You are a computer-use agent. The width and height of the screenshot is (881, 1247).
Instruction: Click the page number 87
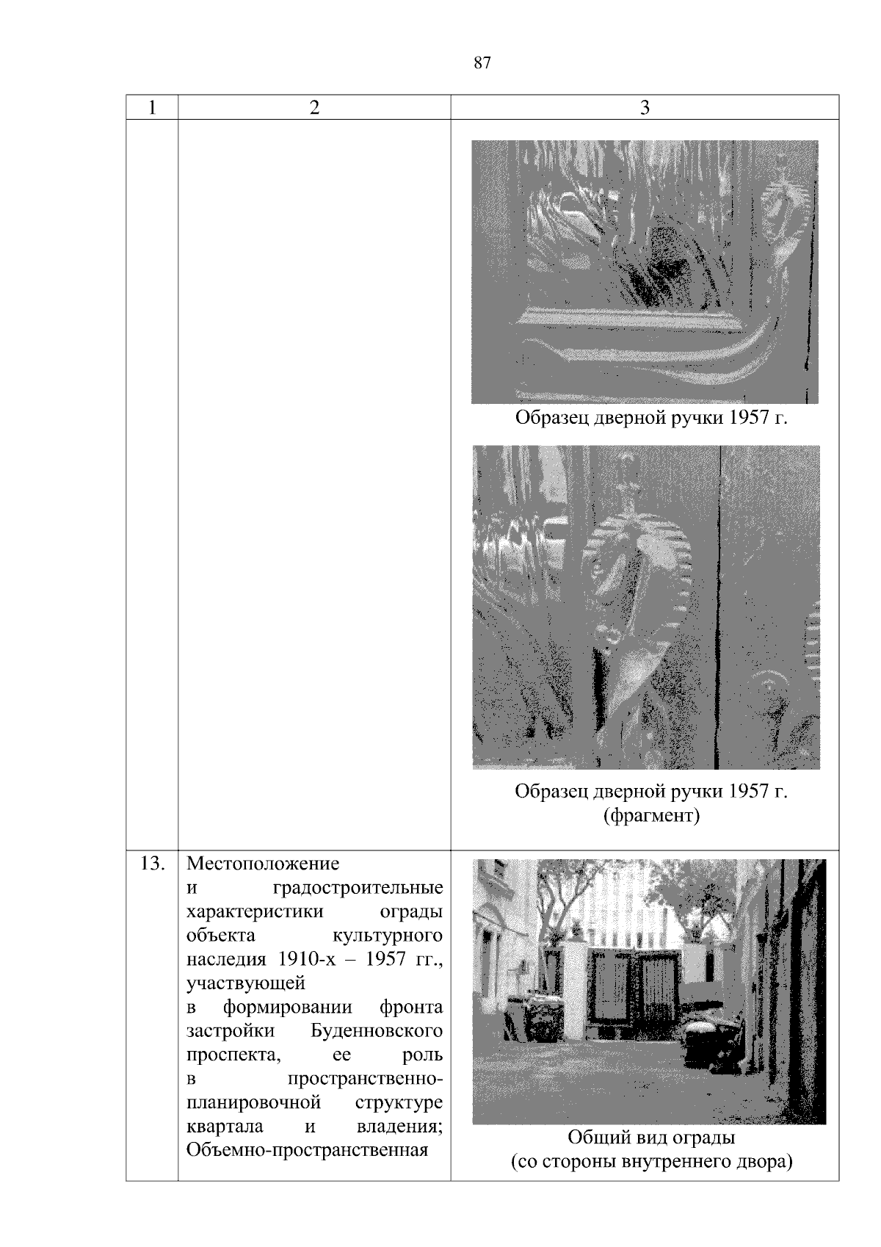pos(482,63)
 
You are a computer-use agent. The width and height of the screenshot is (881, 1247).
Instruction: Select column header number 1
pos(151,107)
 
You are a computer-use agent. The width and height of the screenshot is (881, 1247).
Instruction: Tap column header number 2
pos(314,107)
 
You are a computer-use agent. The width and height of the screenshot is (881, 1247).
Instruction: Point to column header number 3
pos(645,107)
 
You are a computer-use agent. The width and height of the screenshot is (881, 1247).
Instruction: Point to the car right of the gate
pos(711,1041)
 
